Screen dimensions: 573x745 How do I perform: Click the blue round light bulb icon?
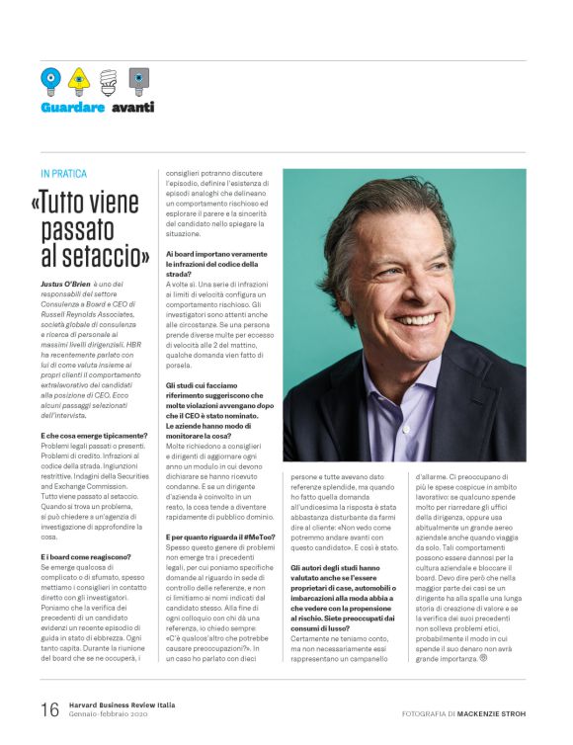[x=49, y=78]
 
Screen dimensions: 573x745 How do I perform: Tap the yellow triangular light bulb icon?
[x=79, y=78]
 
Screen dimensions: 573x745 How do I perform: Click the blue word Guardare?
[x=73, y=107]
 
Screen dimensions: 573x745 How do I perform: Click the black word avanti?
[x=132, y=107]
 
